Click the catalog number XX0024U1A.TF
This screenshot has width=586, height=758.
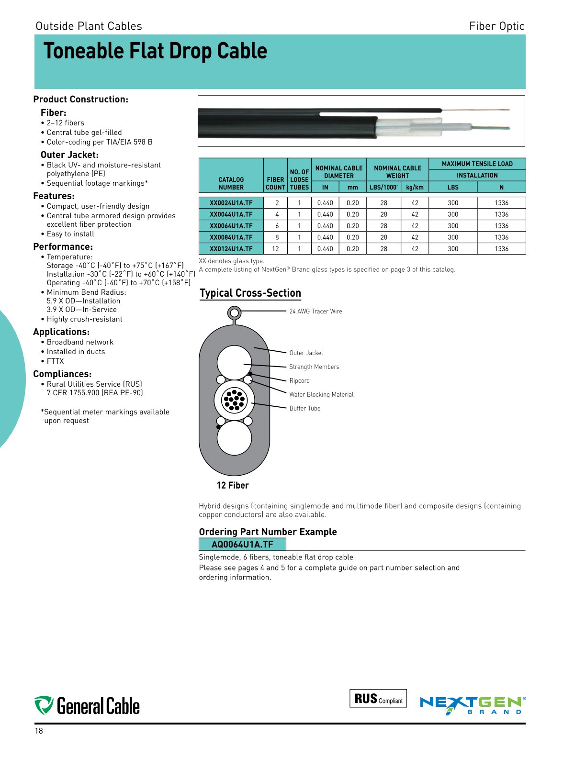coord(231,203)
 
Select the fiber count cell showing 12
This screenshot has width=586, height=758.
coord(275,249)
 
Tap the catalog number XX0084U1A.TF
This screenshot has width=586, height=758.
coord(231,237)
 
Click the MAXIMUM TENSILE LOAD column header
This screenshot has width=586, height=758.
coord(477,164)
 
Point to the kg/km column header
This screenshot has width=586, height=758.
coord(415,188)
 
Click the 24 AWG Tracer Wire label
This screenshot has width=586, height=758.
coord(316,312)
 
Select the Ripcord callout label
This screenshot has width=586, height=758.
coord(299,381)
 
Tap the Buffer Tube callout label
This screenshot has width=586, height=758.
coord(304,409)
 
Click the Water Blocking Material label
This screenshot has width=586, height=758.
coord(321,395)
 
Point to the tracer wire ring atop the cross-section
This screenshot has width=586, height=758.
coord(234,313)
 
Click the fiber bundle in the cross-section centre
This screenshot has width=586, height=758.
coord(234,401)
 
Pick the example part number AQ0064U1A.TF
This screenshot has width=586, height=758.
coord(242,545)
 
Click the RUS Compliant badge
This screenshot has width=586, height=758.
coord(378,699)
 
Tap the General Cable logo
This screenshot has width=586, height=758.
coord(87,706)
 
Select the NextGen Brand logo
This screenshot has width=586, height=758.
coord(473,705)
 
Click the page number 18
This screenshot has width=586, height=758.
coord(39,731)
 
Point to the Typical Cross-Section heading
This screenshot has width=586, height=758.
coord(250,293)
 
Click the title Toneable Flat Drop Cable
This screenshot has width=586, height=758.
coord(156,51)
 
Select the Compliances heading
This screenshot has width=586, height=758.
coord(62,374)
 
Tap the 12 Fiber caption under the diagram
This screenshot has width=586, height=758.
coord(233,486)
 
